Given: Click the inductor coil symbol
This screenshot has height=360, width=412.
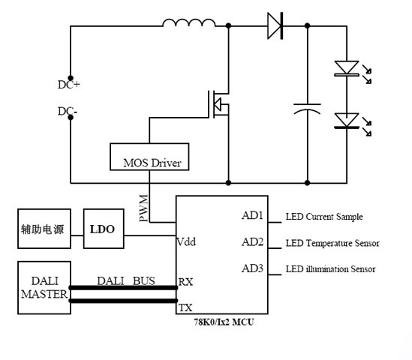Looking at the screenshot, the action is click(189, 22).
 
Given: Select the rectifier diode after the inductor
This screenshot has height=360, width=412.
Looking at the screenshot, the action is click(275, 25).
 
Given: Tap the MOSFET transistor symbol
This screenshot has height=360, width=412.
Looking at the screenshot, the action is click(218, 104).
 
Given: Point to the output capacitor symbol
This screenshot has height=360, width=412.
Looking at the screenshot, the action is click(307, 109).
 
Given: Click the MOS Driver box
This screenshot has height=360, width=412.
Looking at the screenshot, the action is click(149, 157).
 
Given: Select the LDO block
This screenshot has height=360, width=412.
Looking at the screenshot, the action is click(104, 229).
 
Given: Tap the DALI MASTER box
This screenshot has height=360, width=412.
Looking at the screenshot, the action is click(44, 287).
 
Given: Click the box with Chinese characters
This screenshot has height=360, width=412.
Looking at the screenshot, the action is click(44, 229).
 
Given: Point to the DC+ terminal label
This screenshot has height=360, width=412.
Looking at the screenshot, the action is click(69, 85).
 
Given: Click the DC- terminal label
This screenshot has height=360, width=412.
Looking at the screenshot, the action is click(68, 111).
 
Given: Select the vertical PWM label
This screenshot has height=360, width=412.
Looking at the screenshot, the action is click(143, 208).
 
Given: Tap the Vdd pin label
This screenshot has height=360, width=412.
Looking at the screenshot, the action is click(186, 241).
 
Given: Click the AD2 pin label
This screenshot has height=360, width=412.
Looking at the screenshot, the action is click(252, 241).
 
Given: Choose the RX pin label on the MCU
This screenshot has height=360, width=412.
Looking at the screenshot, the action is click(185, 282).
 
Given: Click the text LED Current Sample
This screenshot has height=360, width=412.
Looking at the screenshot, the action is click(324, 217).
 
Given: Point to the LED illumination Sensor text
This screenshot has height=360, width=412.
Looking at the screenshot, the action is click(330, 269).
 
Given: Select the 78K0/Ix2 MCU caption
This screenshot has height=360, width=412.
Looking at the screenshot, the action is click(224, 322).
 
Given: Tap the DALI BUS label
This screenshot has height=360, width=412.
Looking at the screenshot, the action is click(126, 281).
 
